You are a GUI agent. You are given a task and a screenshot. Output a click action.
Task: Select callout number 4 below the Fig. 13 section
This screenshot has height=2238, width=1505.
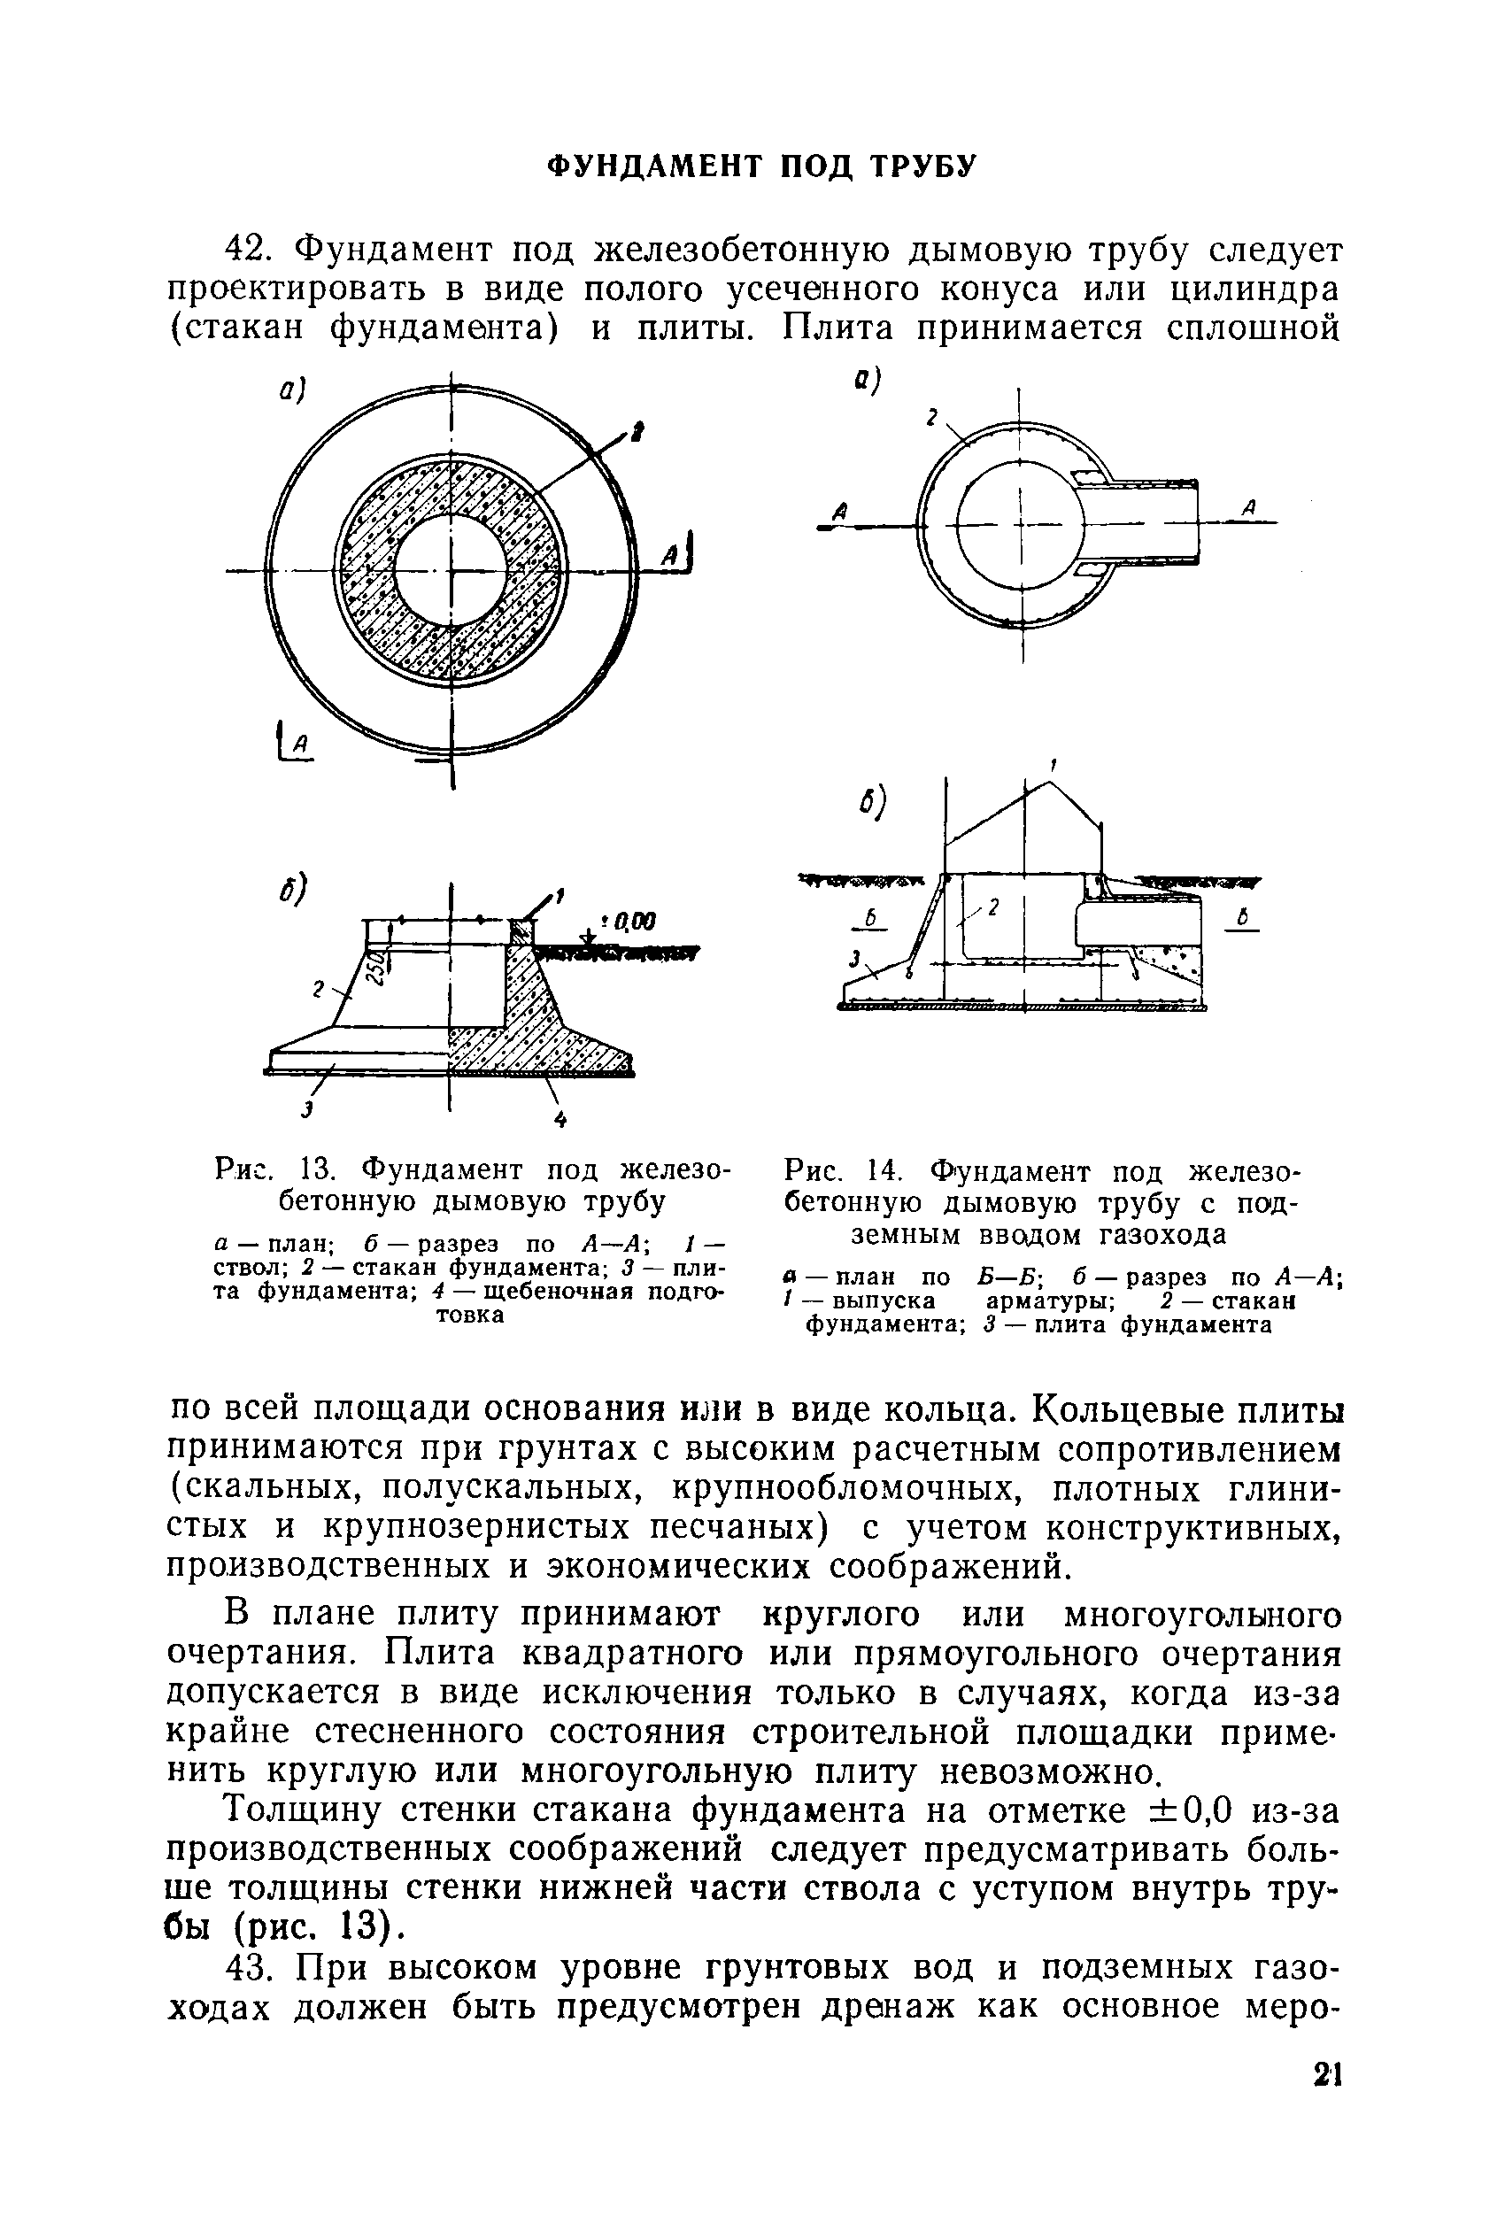(560, 1119)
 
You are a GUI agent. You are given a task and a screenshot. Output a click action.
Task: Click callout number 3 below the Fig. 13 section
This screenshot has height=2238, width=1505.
(307, 1110)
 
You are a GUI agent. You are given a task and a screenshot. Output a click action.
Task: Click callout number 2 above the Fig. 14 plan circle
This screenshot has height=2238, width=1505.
(930, 416)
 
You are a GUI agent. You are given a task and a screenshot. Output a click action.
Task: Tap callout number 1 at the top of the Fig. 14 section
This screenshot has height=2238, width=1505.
(1053, 765)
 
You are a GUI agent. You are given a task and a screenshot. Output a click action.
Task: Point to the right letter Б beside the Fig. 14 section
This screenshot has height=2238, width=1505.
(1241, 920)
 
